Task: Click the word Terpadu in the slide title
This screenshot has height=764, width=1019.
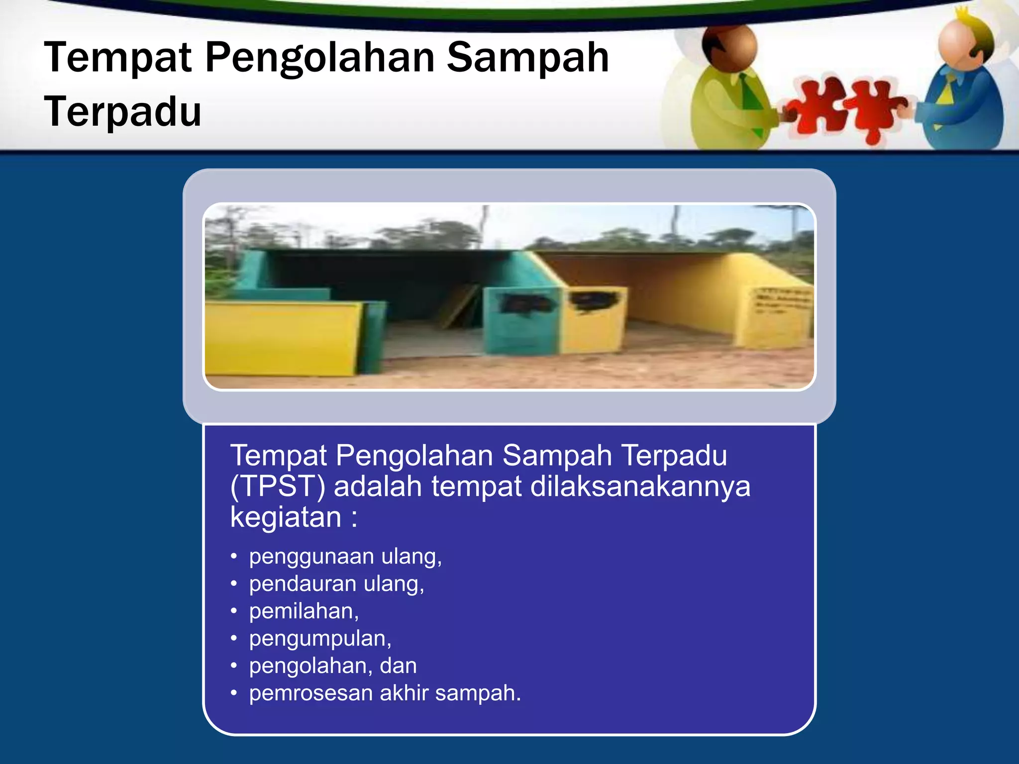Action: click(122, 111)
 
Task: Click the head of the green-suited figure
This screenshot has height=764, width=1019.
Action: click(729, 47)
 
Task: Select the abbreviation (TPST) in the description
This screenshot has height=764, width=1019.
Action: click(278, 486)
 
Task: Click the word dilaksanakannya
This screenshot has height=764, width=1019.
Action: click(640, 486)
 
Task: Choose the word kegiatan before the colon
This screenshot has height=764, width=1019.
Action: click(286, 517)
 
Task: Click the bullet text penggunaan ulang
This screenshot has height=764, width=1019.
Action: click(345, 556)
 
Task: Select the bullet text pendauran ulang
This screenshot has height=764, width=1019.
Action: click(337, 583)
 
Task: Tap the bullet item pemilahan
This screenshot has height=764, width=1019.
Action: click(304, 611)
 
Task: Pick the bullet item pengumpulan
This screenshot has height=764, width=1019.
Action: click(320, 638)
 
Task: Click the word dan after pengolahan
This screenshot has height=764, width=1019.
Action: click(398, 666)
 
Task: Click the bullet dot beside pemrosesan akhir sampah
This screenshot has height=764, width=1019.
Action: click(234, 693)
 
